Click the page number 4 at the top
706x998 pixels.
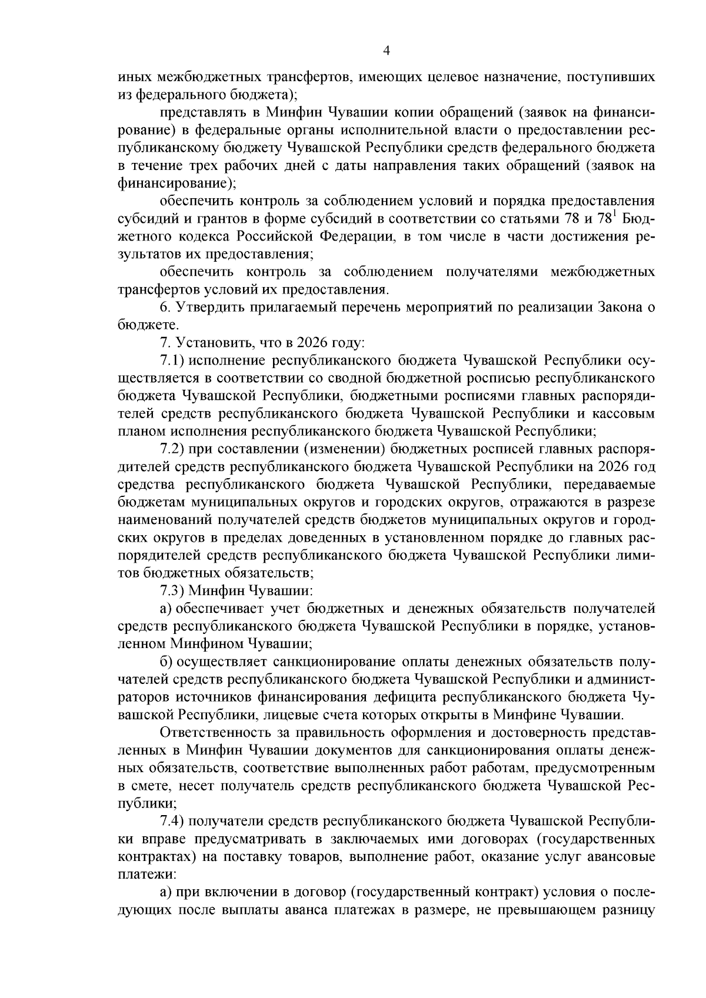point(386,51)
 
